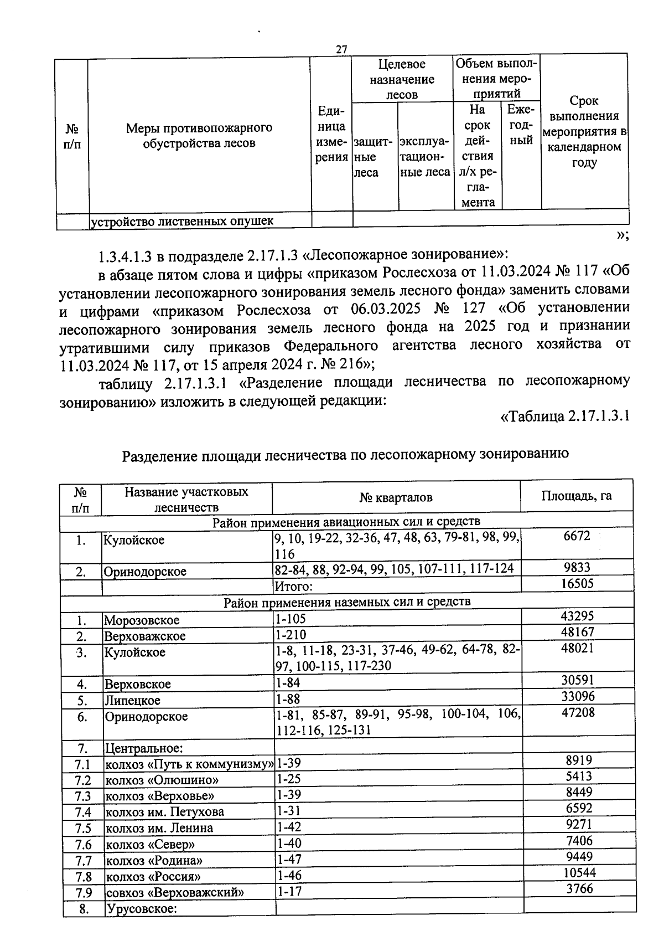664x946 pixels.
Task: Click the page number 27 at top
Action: tap(341, 49)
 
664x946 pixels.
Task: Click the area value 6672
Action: tap(577, 536)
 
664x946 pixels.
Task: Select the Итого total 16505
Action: tap(577, 583)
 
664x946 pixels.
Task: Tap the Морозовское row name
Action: tap(142, 620)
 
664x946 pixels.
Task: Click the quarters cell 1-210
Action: tap(291, 635)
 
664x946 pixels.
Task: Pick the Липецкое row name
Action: tap(132, 701)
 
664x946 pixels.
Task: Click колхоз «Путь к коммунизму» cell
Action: tap(189, 764)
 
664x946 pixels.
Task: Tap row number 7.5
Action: tap(82, 828)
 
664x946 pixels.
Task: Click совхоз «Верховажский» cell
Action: tap(175, 893)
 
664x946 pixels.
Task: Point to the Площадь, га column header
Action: tap(576, 495)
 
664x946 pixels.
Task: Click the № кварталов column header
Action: tap(396, 497)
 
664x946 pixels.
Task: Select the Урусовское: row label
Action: tap(141, 909)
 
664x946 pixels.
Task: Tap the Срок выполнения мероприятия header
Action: tap(584, 132)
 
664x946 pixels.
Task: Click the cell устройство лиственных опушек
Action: tap(182, 222)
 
